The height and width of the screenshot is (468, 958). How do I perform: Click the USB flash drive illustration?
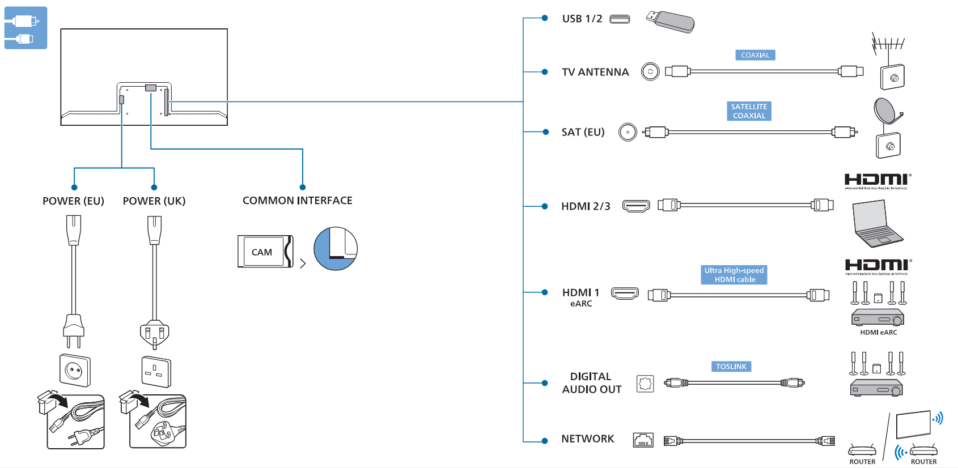point(671,22)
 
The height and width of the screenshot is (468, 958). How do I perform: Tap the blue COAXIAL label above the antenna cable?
point(755,55)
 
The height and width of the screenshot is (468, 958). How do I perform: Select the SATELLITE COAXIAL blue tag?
point(749,111)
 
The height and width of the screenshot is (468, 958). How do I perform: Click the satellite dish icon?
point(885,110)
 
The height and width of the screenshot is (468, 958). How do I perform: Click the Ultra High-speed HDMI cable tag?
point(734,275)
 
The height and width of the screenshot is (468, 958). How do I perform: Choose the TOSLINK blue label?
point(731,367)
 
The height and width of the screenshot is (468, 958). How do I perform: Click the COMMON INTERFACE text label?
point(297,201)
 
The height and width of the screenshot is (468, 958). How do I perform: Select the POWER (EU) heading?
point(73,201)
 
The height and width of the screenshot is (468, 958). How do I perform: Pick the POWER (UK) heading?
point(154,201)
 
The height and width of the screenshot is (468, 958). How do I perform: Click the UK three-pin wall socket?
point(156,372)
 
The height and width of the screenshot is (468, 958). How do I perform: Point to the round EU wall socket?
point(75,371)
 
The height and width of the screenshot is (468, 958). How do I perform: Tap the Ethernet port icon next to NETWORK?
point(643,440)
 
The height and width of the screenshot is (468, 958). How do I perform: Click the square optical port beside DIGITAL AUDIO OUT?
point(645,384)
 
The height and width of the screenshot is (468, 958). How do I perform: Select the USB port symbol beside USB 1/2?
point(620,19)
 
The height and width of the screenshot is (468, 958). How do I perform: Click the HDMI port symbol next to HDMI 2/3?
point(636,206)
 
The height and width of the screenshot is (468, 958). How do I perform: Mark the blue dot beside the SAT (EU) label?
point(545,132)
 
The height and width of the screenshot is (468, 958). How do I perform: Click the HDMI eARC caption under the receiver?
point(878,333)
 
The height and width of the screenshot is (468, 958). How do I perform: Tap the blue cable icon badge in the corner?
point(26,28)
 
